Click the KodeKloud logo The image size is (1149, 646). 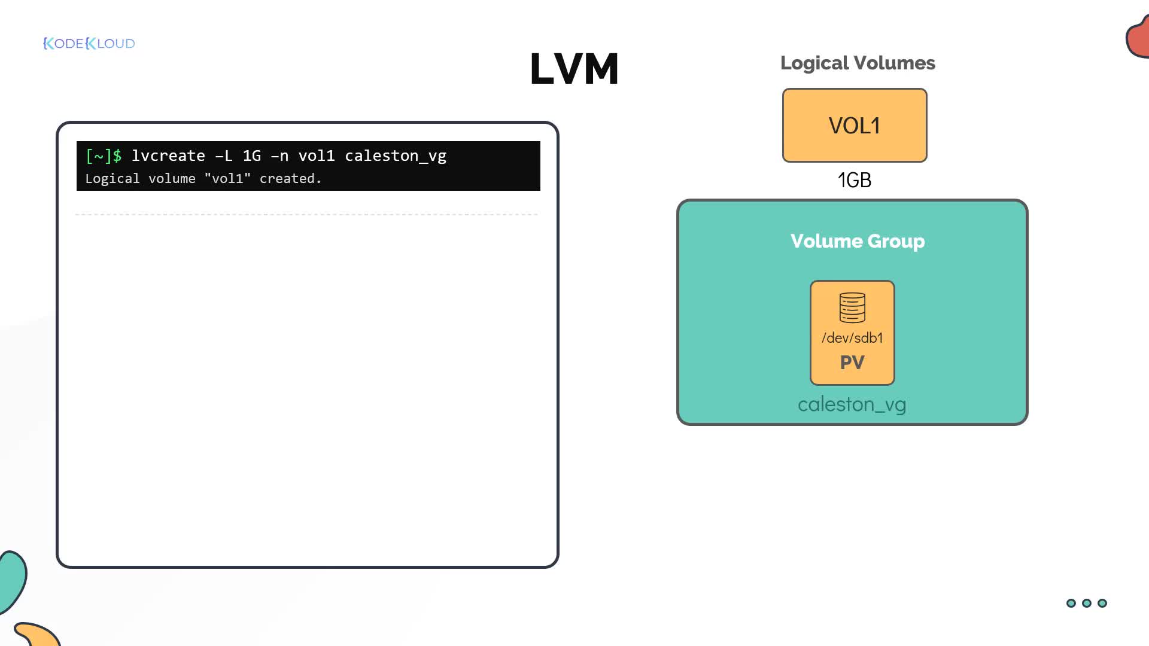click(x=89, y=43)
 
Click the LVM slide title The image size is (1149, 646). click(x=574, y=68)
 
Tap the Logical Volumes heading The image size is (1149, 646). click(x=858, y=63)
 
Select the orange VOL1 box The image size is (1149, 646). click(x=855, y=125)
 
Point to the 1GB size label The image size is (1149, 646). click(x=855, y=180)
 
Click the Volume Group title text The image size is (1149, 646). click(x=858, y=241)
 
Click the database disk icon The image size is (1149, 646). click(x=852, y=307)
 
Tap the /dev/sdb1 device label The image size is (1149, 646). click(x=852, y=338)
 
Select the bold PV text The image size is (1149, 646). click(x=852, y=362)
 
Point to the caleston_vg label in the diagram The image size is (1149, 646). click(x=852, y=405)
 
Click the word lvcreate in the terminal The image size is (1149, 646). click(x=168, y=156)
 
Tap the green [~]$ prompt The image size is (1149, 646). click(x=104, y=156)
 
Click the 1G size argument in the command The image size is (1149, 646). click(x=252, y=156)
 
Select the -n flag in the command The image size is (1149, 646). click(x=279, y=156)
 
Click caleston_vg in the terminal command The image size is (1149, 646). click(x=396, y=157)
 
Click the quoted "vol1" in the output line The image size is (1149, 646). click(x=227, y=179)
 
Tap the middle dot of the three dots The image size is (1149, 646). click(x=1087, y=603)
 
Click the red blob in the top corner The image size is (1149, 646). click(x=1138, y=37)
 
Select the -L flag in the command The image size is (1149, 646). click(x=224, y=156)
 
